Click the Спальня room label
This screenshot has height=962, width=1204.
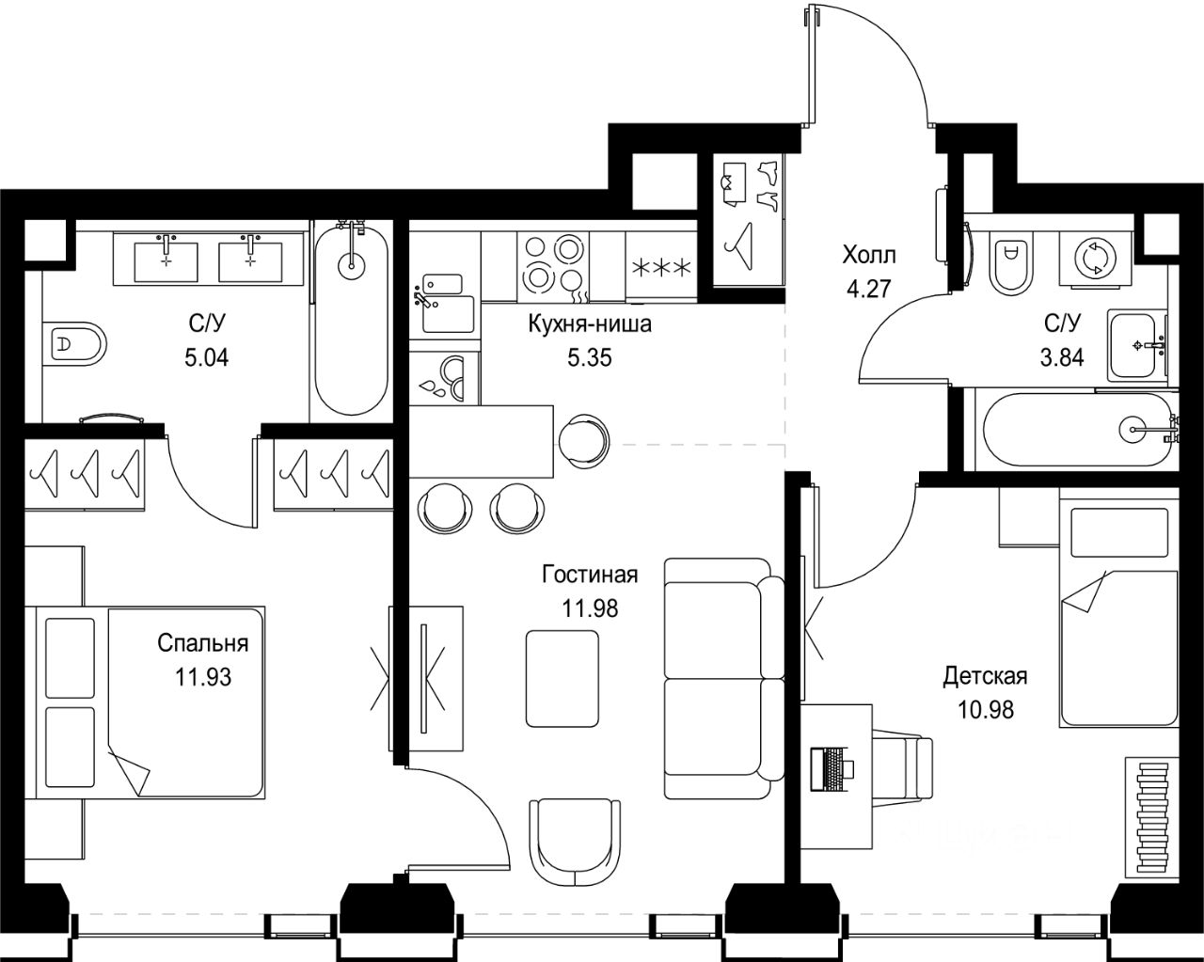point(202,643)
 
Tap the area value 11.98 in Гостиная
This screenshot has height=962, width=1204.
point(590,608)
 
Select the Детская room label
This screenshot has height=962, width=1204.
point(985,676)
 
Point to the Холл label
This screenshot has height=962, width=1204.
point(869,256)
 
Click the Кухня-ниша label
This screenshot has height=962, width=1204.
point(590,323)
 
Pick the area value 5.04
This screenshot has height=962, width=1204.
point(206,356)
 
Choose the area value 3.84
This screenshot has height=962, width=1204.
point(1062,356)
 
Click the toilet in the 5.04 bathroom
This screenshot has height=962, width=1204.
point(74,343)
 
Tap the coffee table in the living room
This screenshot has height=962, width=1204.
point(562,678)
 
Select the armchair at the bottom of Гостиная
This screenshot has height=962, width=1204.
point(575,843)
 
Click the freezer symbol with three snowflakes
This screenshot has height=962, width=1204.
point(662,268)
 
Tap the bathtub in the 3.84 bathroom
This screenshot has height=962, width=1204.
point(1076,430)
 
